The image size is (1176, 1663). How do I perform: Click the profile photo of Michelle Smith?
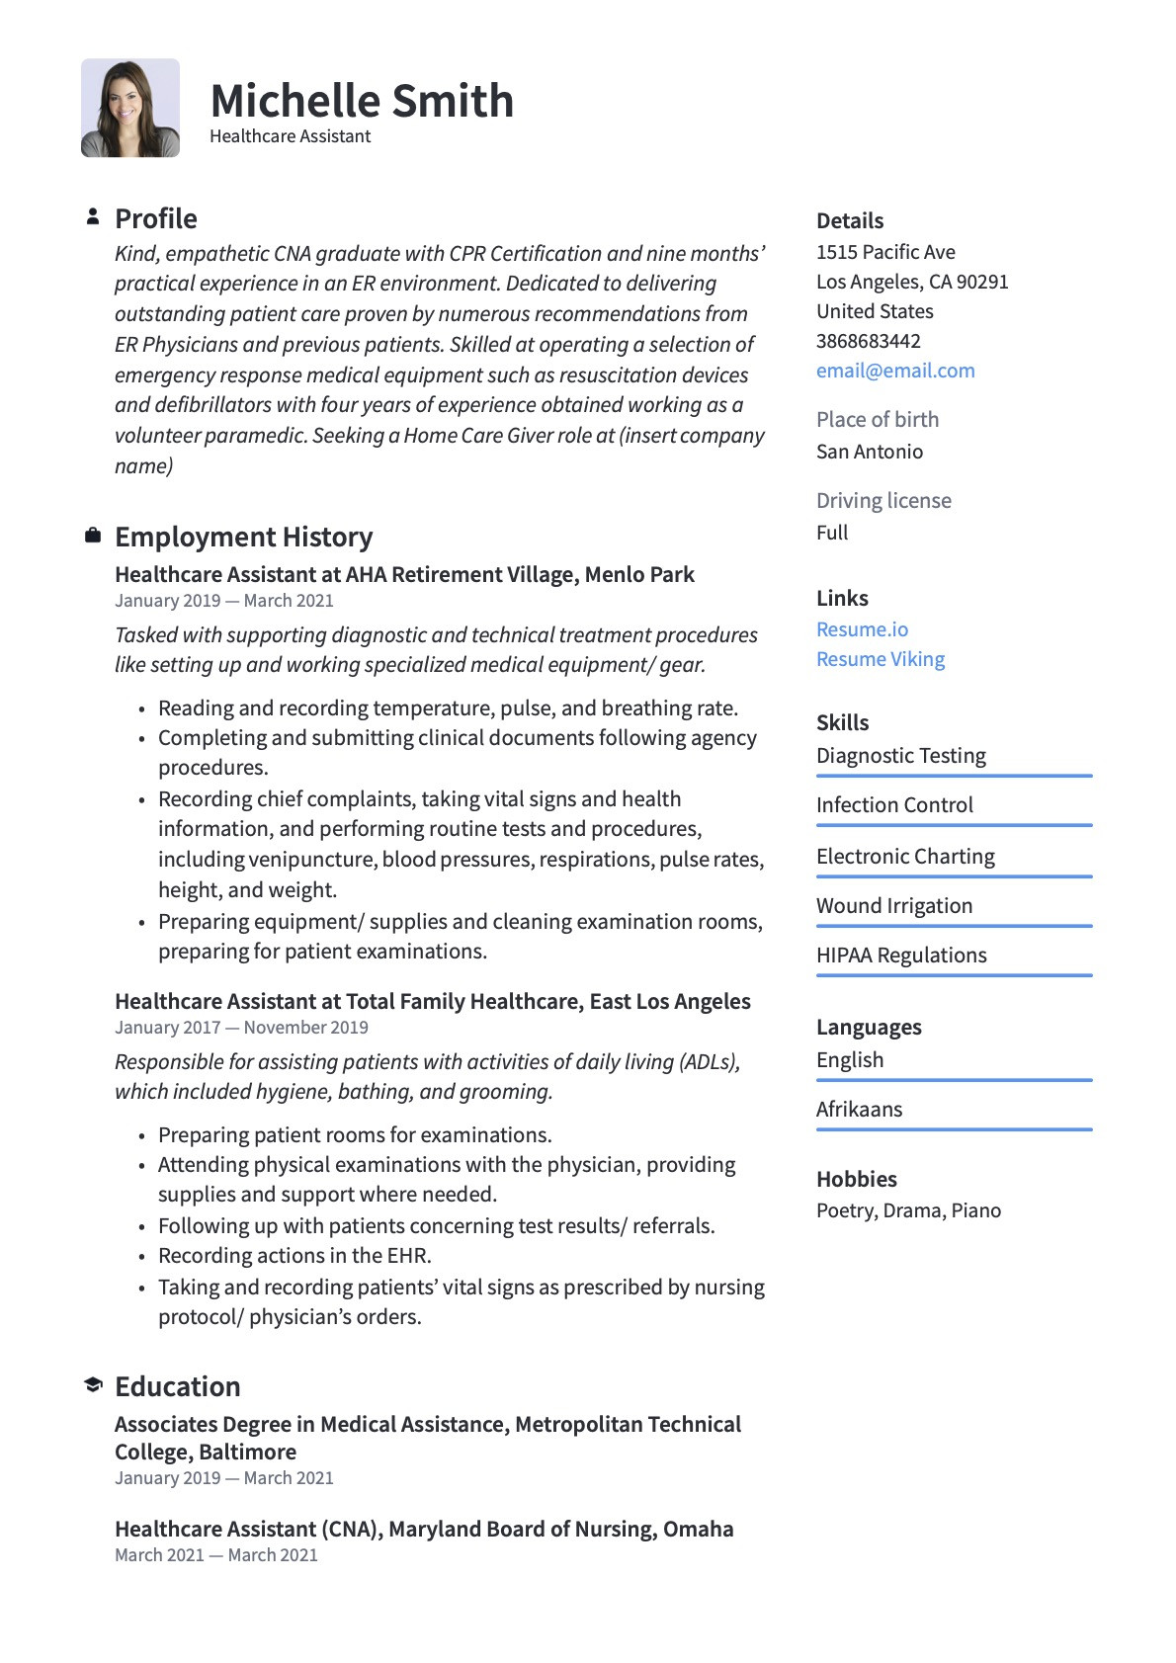coord(130,108)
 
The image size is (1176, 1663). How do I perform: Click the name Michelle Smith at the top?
coord(362,101)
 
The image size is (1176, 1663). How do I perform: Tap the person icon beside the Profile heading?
coord(93,216)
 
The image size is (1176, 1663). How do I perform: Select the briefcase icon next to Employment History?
coord(93,536)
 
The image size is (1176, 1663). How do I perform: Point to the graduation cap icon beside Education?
coord(93,1384)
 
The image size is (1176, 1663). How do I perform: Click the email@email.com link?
coord(895,371)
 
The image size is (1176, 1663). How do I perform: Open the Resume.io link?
coord(862,629)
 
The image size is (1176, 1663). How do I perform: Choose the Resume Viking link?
coord(881,659)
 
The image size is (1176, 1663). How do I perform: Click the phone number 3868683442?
coord(869,341)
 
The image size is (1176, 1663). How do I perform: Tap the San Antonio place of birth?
coord(870,452)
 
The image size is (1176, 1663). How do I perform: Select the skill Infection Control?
coord(894,805)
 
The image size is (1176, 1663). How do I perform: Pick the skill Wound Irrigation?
coord(894,906)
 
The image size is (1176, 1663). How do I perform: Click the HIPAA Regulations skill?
coord(901,956)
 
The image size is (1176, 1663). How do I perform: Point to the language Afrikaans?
coord(859,1110)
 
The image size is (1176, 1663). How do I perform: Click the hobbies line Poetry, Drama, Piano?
coord(908,1210)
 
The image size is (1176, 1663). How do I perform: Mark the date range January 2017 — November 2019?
coord(241,1028)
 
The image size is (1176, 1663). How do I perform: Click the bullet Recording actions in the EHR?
coord(294,1256)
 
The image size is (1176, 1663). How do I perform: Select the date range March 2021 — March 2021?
coord(216,1555)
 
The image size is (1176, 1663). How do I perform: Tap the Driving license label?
coord(883,501)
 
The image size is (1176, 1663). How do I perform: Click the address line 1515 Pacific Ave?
coord(885,252)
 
